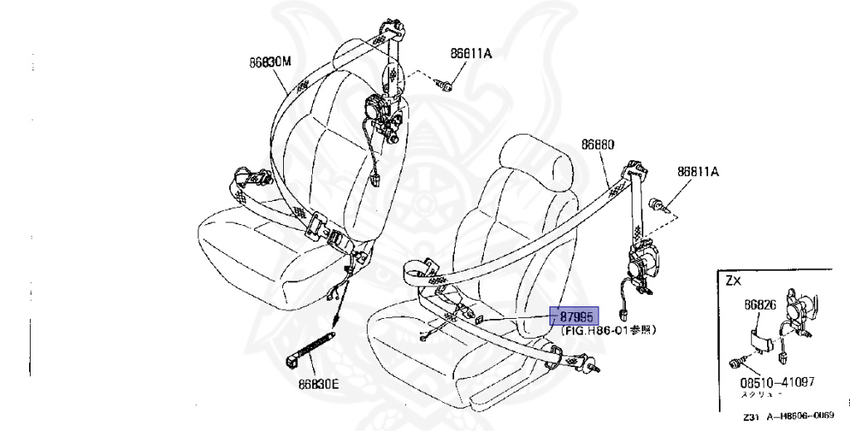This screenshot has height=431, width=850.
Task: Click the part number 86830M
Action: tap(270, 61)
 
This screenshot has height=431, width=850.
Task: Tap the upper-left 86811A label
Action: tap(471, 53)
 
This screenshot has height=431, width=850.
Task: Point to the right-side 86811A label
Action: tap(697, 173)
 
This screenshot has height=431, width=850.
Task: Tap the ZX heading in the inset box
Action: tap(733, 281)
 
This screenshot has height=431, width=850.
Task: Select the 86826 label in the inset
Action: tap(760, 306)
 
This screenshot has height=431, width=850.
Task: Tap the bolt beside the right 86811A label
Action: tap(660, 202)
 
